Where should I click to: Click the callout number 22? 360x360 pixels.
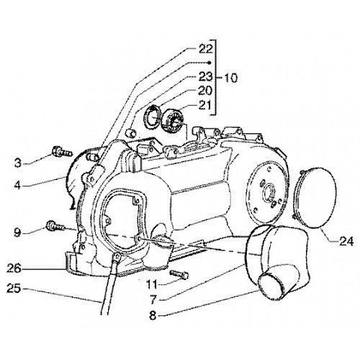click(206, 49)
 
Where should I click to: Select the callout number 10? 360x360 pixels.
click(230, 78)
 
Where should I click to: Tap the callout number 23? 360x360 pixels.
click(206, 76)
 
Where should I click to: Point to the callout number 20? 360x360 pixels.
click(206, 91)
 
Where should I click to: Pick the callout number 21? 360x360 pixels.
click(204, 105)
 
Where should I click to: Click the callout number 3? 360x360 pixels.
click(17, 163)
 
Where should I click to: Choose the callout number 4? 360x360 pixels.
click(17, 185)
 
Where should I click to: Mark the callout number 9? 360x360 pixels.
click(17, 233)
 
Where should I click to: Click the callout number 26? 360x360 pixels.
click(14, 268)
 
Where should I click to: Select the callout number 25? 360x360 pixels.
click(14, 288)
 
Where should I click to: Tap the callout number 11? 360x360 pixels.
click(152, 285)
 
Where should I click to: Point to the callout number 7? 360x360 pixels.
click(153, 299)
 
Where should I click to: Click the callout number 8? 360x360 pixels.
click(153, 316)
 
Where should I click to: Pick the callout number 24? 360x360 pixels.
click(346, 241)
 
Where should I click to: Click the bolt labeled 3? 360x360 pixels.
click(62, 152)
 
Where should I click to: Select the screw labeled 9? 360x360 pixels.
click(55, 226)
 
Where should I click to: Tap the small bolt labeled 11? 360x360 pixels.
click(179, 274)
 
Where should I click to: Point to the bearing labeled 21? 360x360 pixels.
click(172, 120)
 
